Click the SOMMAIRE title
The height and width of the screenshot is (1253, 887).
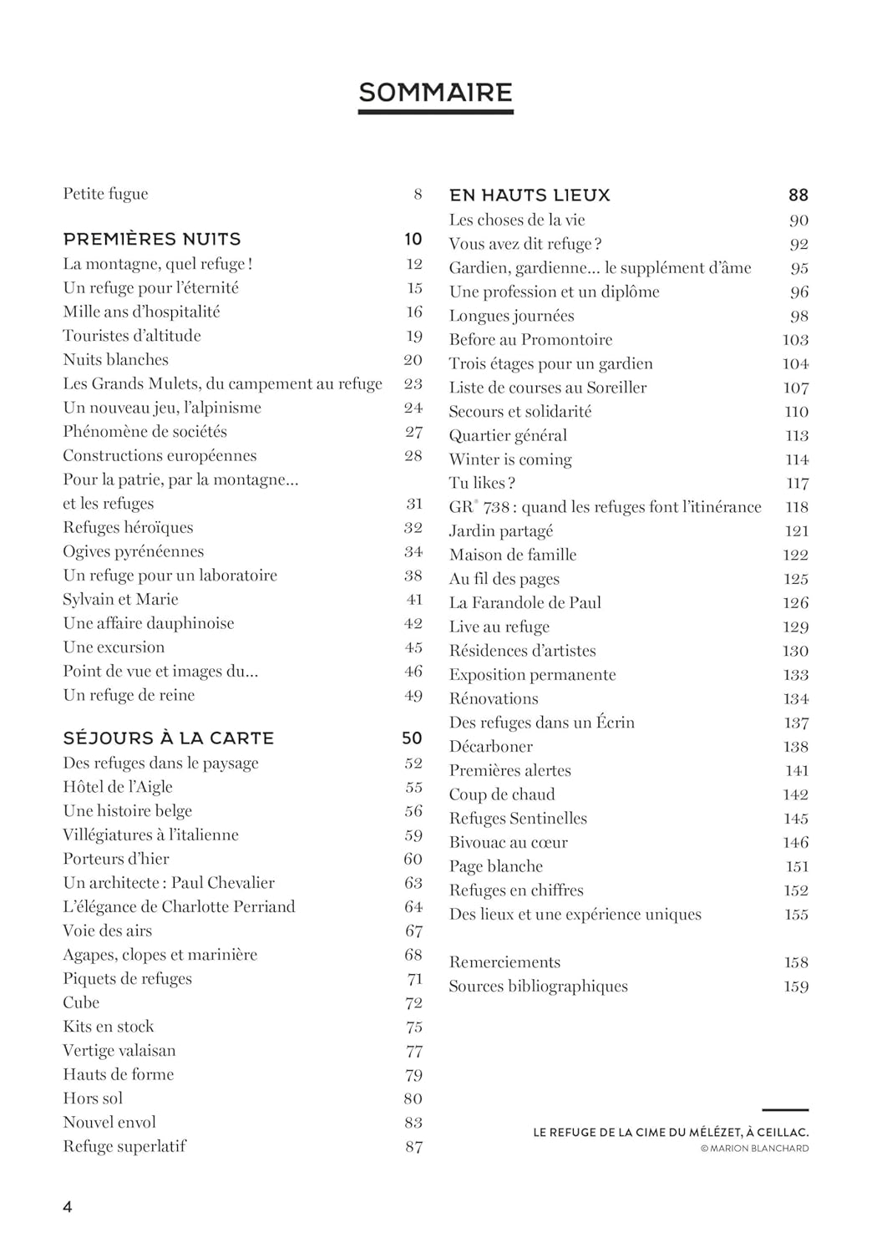[435, 92]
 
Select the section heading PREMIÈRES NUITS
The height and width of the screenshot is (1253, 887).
[152, 239]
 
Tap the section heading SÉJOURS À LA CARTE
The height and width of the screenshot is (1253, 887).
[169, 738]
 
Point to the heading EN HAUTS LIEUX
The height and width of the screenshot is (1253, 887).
[530, 195]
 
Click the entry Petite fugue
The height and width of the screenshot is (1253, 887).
[105, 194]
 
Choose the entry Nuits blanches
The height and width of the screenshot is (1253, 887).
[115, 360]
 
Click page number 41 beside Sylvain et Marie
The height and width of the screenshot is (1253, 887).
[414, 600]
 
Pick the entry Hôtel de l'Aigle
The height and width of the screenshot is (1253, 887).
[118, 787]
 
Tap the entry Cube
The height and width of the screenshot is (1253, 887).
[81, 1002]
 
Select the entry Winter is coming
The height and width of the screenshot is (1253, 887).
[510, 459]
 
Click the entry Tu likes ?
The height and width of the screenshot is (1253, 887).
[482, 484]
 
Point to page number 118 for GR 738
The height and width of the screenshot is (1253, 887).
[797, 507]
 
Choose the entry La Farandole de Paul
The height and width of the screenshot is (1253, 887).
[525, 603]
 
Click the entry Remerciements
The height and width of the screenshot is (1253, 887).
[504, 962]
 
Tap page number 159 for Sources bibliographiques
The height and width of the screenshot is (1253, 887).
[796, 987]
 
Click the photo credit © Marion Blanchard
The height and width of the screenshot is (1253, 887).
[754, 1149]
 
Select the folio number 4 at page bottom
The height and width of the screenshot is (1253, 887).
[68, 1207]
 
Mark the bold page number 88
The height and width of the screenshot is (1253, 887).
[798, 195]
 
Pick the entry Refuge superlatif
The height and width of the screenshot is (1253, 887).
[124, 1146]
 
